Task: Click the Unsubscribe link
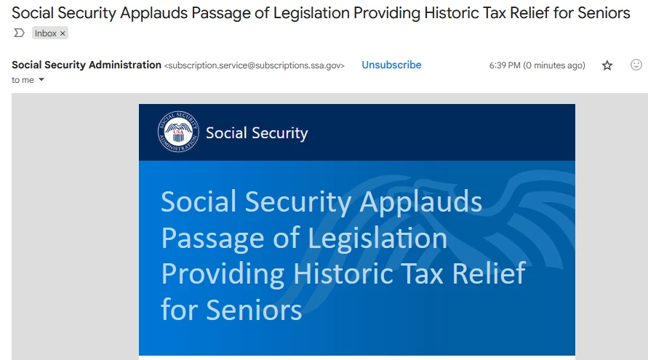pyautogui.click(x=391, y=65)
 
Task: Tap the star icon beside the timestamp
pyautogui.click(x=607, y=65)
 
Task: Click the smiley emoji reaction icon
pyautogui.click(x=636, y=65)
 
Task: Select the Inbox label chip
pyautogui.click(x=50, y=33)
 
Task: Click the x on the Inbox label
pyautogui.click(x=63, y=33)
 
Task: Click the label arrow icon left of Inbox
pyautogui.click(x=19, y=33)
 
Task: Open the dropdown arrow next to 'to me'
pyautogui.click(x=41, y=79)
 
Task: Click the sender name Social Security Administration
pyautogui.click(x=87, y=65)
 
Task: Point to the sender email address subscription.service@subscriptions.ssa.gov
pyautogui.click(x=254, y=65)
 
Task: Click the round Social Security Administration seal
pyautogui.click(x=178, y=132)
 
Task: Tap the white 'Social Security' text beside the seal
pyautogui.click(x=257, y=133)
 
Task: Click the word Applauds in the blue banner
pyautogui.click(x=420, y=202)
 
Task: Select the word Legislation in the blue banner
pyautogui.click(x=377, y=238)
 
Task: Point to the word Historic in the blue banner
pyautogui.click(x=343, y=273)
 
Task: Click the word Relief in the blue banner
pyautogui.click(x=489, y=273)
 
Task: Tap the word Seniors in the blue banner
pyautogui.click(x=254, y=310)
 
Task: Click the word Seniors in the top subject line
pyautogui.click(x=604, y=13)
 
